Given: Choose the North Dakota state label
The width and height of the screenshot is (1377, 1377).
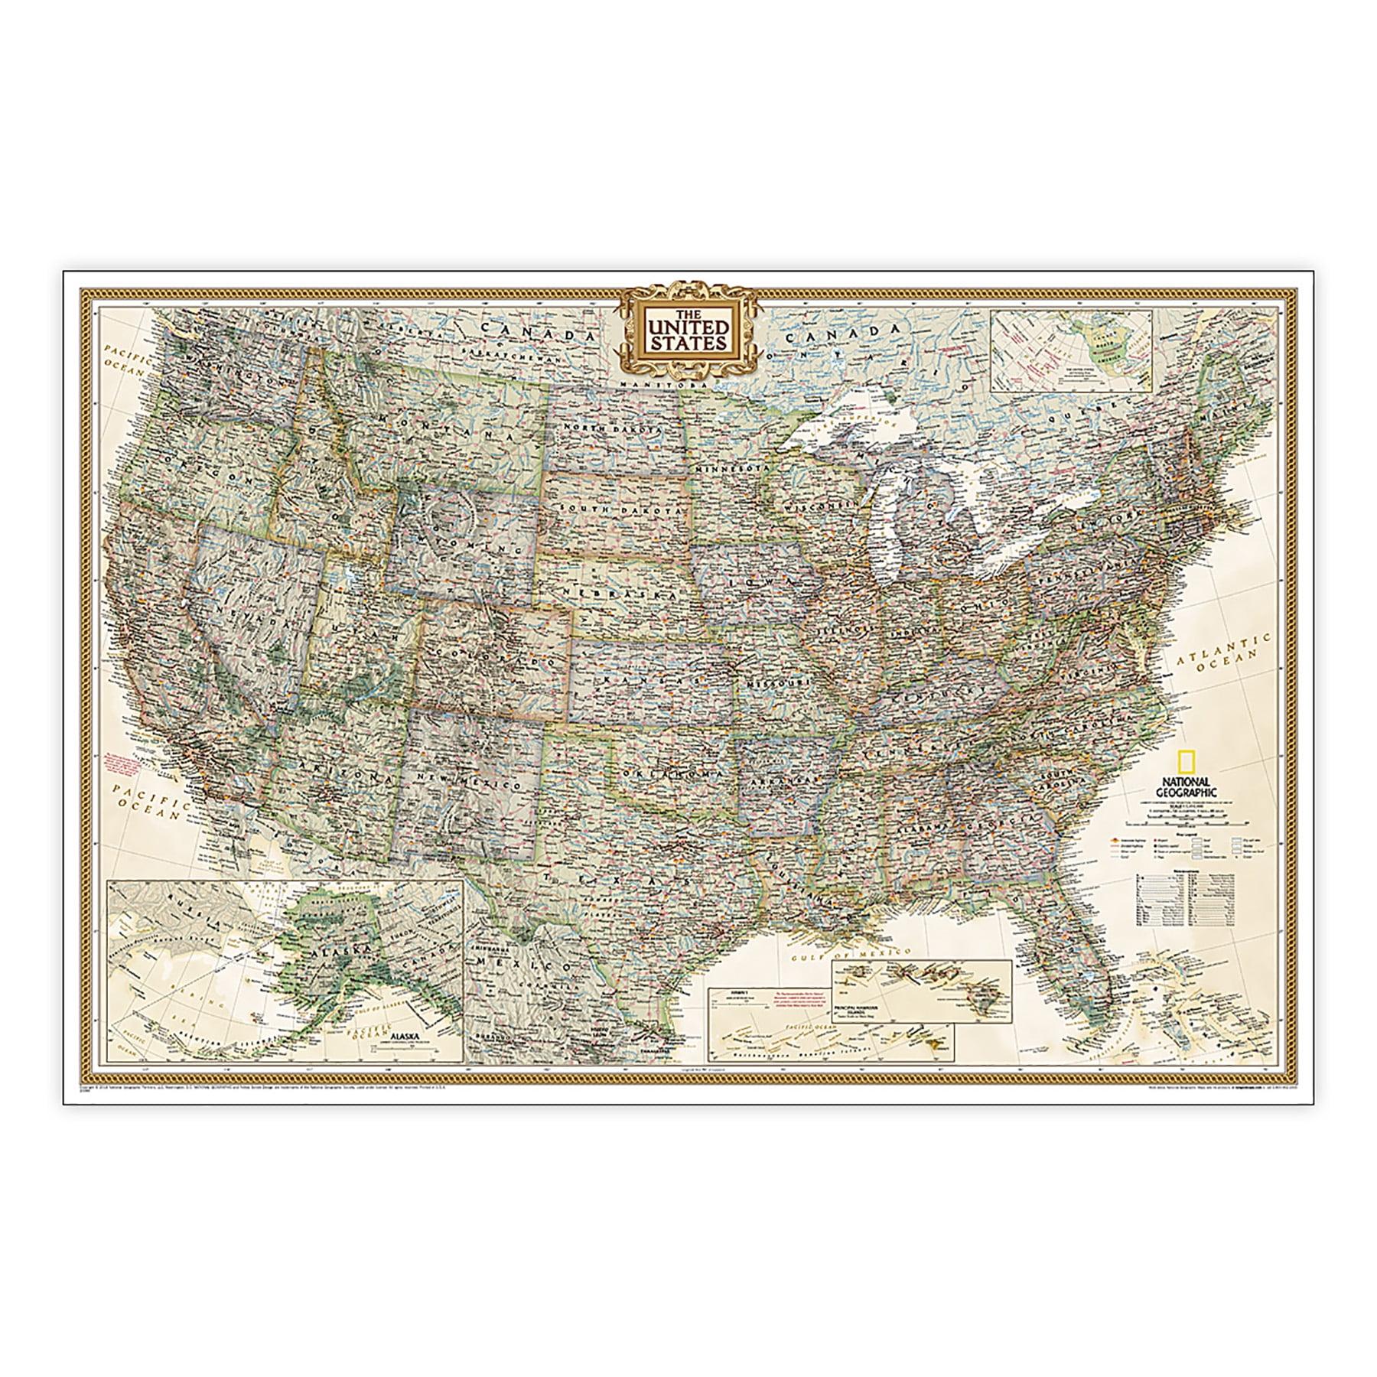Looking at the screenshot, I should coord(610,431).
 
